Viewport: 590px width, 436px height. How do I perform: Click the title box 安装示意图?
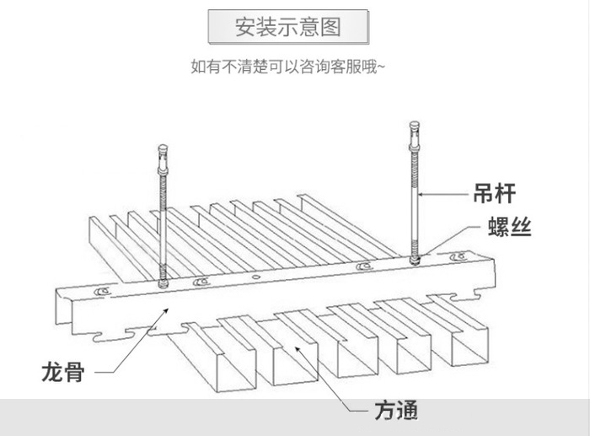pos(288,27)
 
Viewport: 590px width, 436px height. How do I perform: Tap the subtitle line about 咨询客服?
pos(288,67)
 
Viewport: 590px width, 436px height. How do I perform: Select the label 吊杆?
pos(495,193)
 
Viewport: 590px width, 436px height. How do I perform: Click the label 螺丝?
pos(509,227)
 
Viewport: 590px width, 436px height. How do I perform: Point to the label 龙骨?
pos(63,372)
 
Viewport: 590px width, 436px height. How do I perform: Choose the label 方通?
pos(396,411)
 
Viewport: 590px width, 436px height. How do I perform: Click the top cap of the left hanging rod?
pos(163,148)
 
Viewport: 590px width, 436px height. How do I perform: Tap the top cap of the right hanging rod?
pos(415,125)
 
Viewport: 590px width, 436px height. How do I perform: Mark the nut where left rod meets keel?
pos(163,283)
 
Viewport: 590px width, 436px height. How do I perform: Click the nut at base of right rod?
pos(415,260)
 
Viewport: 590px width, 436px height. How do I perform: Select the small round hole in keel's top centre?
pos(256,277)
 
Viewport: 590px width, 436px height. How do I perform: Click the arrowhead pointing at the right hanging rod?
pos(421,194)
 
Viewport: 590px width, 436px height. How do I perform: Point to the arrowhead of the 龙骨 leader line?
pos(165,310)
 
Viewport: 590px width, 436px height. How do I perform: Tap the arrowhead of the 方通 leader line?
pos(298,349)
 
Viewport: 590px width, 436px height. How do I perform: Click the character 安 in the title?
pos(246,27)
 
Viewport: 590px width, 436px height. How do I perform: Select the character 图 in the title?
pos(330,27)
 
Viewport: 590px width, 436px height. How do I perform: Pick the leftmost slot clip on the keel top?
pos(102,291)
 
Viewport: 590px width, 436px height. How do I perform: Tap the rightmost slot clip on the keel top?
pos(459,256)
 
